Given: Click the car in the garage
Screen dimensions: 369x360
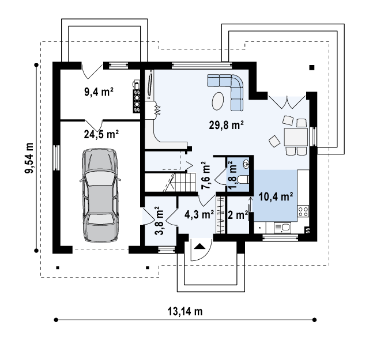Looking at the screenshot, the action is pos(100,195).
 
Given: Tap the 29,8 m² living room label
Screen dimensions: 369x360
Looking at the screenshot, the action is pos(226,125).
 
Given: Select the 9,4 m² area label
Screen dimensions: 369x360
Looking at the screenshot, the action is pos(99,92).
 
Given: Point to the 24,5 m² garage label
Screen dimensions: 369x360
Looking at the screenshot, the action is pos(101,134).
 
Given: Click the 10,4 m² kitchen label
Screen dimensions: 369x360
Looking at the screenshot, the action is pos(276,196).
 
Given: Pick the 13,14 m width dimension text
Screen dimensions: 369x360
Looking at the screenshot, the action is pos(185,311).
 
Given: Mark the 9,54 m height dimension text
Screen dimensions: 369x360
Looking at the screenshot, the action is pos(29,158).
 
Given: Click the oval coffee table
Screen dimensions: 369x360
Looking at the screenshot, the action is pos(218,101).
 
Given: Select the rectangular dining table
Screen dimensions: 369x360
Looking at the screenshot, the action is pos(296,137).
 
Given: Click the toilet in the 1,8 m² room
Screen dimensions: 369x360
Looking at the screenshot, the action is pos(243,179).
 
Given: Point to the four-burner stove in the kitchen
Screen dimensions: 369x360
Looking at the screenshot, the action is pos(303,211).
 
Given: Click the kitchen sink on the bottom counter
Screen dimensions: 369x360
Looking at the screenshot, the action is pos(283,228).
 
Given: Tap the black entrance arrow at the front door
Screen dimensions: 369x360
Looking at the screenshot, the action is pos(199,246).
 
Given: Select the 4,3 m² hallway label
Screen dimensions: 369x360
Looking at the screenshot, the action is pos(199,214).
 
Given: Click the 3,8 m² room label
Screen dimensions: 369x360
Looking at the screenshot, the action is pos(160,221).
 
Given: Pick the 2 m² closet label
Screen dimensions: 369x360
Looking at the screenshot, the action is pos(238,215).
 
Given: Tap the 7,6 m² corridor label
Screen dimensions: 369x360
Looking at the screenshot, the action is pos(205,175).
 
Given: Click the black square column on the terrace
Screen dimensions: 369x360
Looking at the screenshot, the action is pos(312,68).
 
